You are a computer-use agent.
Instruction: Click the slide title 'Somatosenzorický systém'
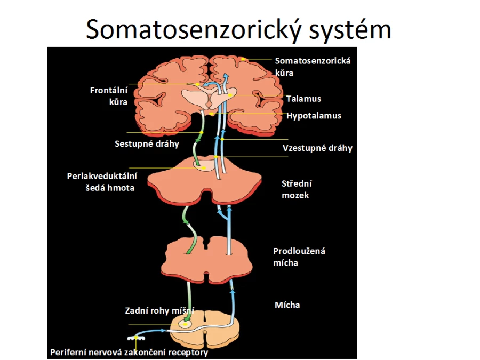(238, 30)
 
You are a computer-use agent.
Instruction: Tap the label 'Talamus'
(303, 99)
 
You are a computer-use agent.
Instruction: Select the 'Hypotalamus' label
(314, 116)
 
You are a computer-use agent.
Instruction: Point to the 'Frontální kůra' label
(109, 96)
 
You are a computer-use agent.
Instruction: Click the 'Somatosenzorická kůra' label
(313, 67)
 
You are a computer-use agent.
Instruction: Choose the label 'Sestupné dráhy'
(147, 144)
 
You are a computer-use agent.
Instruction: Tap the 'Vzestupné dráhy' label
(317, 148)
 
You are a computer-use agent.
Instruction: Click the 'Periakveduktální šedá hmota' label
(102, 182)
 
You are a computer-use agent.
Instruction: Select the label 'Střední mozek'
(297, 189)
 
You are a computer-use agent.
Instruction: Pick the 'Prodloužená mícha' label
(299, 257)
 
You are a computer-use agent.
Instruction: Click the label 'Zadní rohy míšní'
(159, 311)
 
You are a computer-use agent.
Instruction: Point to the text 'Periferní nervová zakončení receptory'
(129, 353)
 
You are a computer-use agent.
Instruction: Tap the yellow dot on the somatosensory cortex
(243, 59)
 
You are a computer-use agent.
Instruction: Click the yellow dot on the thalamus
(230, 95)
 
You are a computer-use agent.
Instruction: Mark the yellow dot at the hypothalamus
(211, 114)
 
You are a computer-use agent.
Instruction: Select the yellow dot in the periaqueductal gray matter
(204, 168)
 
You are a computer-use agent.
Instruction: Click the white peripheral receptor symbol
(136, 338)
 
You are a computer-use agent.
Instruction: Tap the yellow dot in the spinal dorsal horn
(186, 324)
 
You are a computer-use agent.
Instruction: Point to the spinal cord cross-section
(205, 331)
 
